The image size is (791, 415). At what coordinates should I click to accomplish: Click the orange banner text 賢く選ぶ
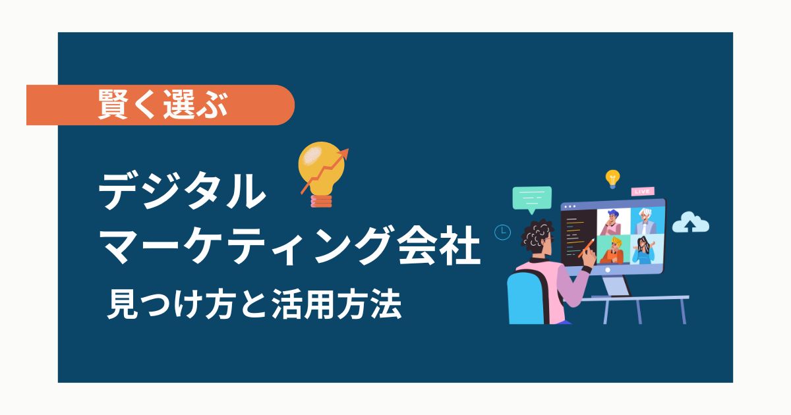coord(162,105)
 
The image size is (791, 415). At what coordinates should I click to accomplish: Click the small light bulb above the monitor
coord(612,178)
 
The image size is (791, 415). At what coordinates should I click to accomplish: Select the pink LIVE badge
coord(642,192)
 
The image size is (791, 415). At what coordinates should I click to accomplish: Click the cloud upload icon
coord(690,223)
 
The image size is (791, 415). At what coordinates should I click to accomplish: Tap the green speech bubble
coord(531,199)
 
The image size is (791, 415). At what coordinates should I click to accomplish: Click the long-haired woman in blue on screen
coord(643,250)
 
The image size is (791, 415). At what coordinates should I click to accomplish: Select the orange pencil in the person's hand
coord(585,249)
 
